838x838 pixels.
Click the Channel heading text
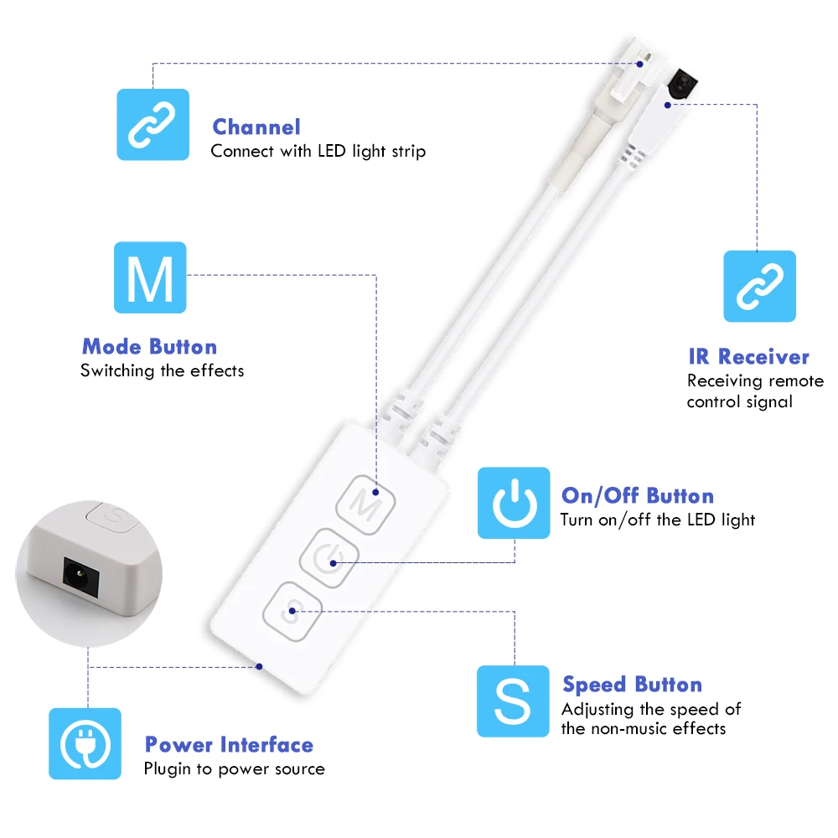256,127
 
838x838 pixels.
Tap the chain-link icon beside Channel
153,125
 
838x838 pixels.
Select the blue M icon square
150,277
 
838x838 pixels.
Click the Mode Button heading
150,347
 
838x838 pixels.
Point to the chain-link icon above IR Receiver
759,287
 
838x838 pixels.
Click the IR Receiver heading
748,357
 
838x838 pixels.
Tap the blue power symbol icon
514,503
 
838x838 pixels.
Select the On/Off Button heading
638,496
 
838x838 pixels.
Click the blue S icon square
513,701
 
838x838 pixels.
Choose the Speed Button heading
632,685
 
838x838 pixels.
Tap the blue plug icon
85,744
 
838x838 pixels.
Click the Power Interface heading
229,745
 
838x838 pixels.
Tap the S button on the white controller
292,612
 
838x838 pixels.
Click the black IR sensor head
681,83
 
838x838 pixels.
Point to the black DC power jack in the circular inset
80,577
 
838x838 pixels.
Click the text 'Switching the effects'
162,371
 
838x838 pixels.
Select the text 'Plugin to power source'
234,769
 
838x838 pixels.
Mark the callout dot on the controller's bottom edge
259,666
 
